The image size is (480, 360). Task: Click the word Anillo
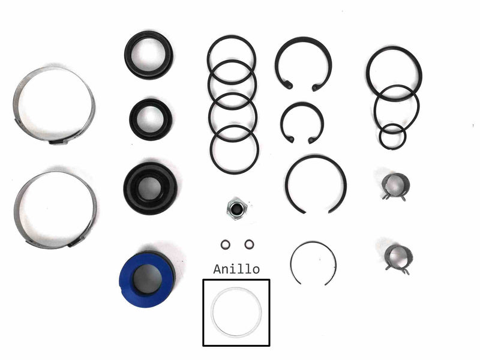236,269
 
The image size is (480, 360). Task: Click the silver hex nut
236,209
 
